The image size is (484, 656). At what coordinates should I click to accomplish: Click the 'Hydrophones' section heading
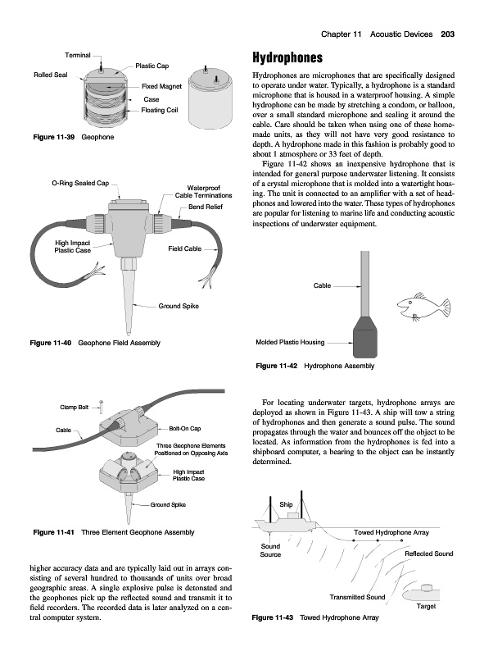287,57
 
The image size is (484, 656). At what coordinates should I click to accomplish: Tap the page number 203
448,34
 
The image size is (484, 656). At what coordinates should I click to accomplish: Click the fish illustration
423,307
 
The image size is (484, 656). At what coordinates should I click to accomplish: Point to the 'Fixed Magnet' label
161,87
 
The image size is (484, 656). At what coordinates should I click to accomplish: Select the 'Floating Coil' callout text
159,110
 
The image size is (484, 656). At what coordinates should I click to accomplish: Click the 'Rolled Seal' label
50,75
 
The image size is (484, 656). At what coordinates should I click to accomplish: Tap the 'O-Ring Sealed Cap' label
80,183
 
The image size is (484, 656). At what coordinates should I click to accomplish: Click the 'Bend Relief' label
206,207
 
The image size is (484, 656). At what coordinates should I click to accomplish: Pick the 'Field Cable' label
184,248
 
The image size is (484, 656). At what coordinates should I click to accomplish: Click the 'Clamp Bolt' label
74,407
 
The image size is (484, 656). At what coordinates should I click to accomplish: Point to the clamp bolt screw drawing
101,406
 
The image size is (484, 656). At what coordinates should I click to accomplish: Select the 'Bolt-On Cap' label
185,428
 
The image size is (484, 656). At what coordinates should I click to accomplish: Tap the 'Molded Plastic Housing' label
290,342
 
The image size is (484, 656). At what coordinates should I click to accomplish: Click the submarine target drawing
421,593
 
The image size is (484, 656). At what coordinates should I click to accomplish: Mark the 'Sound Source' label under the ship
270,550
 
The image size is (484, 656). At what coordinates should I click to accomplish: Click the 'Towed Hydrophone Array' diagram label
391,532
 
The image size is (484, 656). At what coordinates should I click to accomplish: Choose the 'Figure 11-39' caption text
54,137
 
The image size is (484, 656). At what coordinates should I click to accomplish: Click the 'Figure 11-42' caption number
276,366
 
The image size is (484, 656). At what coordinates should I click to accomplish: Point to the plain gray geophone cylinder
210,98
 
